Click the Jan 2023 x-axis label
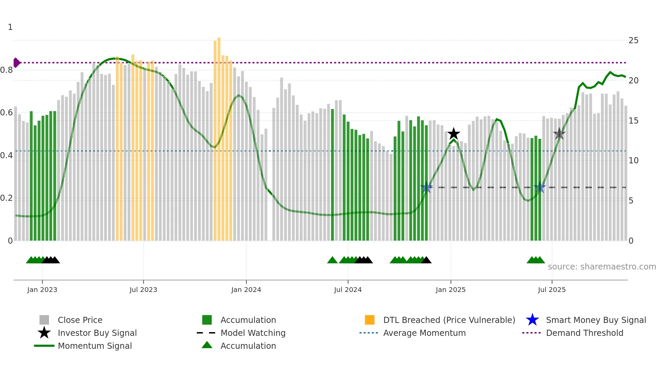(x=42, y=290)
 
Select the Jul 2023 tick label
(x=143, y=290)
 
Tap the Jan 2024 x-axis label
(x=246, y=290)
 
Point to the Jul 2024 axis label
(x=348, y=290)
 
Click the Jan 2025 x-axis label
(x=451, y=290)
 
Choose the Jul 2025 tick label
(x=552, y=290)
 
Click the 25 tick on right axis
(x=633, y=40)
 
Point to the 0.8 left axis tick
(x=7, y=70)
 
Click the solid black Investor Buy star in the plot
(x=454, y=134)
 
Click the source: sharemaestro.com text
(x=602, y=267)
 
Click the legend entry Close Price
(x=80, y=320)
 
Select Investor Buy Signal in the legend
(x=97, y=333)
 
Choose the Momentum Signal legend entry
(x=95, y=346)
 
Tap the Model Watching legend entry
(x=253, y=333)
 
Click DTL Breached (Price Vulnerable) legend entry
(x=449, y=320)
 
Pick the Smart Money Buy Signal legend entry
(x=596, y=320)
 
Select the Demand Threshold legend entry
(x=584, y=333)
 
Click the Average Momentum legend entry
(x=424, y=333)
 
